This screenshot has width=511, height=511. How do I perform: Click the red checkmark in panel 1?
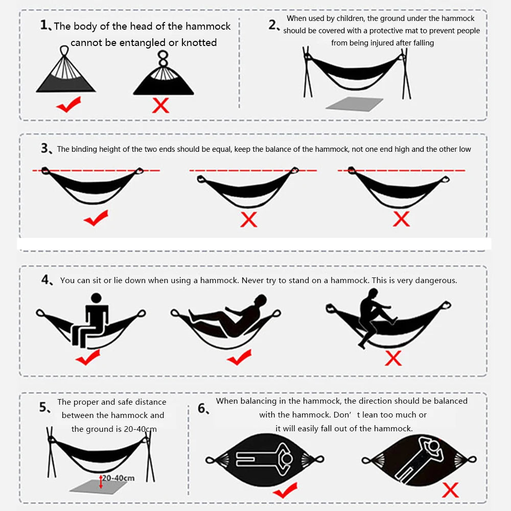click(69, 105)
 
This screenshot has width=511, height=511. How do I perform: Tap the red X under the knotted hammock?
click(160, 106)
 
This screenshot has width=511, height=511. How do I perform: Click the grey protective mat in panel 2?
click(354, 104)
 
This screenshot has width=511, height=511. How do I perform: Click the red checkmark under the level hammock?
click(96, 218)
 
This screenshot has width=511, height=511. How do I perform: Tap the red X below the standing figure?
click(393, 358)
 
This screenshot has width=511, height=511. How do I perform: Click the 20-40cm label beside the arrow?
click(119, 478)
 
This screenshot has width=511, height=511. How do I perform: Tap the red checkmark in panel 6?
click(285, 490)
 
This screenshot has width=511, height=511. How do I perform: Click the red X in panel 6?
click(450, 490)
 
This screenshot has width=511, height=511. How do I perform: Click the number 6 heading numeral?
click(202, 408)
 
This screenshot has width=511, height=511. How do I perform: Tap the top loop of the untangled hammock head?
click(64, 50)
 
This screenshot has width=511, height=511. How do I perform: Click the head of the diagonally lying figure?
click(434, 446)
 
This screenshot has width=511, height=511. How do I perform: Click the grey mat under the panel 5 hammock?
click(98, 486)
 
